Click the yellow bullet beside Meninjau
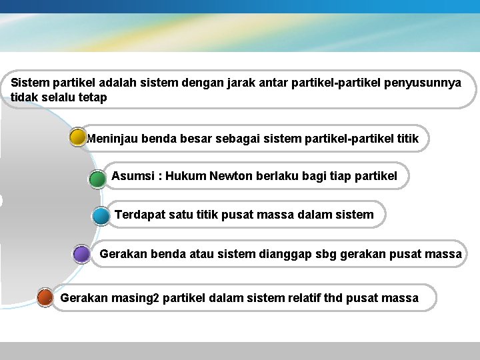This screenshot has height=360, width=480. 78,138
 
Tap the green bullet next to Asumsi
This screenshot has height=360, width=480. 97,178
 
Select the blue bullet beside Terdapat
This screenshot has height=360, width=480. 101,216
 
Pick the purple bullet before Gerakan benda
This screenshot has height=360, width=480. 81,255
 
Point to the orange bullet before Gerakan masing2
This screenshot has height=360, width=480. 45,297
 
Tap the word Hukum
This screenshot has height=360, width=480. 186,176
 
